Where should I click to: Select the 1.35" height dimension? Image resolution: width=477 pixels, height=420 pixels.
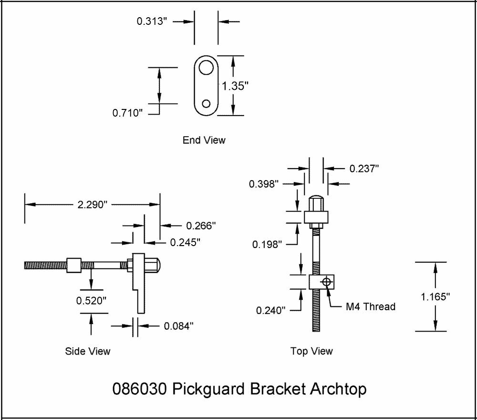[x=235, y=86]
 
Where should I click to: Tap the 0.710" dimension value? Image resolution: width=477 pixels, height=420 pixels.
[x=128, y=113]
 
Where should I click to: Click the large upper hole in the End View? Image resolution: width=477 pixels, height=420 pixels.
[x=206, y=68]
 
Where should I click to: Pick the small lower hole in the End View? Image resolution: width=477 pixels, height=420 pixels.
[x=206, y=103]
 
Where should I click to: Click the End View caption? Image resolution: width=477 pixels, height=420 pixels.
[x=204, y=140]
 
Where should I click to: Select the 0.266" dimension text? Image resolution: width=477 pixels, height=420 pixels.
[x=201, y=226]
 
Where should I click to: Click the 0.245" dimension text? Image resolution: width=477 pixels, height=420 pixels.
[x=185, y=242]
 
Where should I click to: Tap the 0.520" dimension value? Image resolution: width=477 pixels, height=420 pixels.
[x=91, y=301]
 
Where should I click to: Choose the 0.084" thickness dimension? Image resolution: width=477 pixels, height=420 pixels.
[x=179, y=326]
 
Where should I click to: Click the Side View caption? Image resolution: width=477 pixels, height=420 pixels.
[x=87, y=352]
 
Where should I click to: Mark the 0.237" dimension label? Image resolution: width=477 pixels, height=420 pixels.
[x=364, y=168]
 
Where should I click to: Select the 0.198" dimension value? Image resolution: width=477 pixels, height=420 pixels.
[x=268, y=245]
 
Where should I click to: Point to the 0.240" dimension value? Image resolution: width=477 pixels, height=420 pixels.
[x=270, y=310]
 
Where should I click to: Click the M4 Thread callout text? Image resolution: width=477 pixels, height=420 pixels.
[x=371, y=307]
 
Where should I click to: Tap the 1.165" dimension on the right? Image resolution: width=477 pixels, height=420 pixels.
[x=436, y=297]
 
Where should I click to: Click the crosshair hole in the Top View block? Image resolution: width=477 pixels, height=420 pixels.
[x=326, y=281]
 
